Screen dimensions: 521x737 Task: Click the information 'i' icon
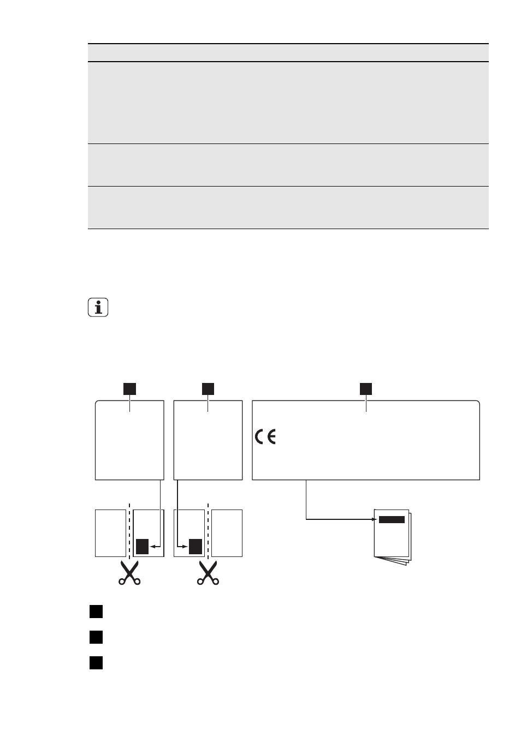click(98, 307)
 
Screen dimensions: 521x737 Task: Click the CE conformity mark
click(265, 437)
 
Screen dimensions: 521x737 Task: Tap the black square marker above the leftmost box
click(129, 388)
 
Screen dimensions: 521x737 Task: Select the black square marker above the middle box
click(208, 388)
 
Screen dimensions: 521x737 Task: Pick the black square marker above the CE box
click(365, 388)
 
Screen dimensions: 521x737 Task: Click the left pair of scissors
click(129, 573)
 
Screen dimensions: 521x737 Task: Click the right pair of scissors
click(208, 573)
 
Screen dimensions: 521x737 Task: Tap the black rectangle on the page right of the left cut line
click(143, 547)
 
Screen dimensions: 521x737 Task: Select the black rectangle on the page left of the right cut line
click(196, 547)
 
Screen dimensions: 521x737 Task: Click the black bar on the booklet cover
click(392, 519)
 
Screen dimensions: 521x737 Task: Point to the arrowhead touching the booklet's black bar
click(375, 519)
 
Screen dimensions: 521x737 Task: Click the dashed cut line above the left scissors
click(129, 531)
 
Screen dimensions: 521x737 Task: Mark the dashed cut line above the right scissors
click(208, 531)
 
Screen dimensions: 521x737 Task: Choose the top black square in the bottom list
click(96, 612)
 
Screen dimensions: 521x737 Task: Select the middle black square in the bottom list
click(96, 637)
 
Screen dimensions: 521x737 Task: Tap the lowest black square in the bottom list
click(96, 663)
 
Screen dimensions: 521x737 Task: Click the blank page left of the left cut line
click(111, 534)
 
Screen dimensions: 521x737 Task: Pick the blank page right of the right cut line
click(227, 534)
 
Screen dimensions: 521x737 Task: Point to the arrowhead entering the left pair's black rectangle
click(152, 547)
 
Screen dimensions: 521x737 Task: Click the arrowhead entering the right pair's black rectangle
click(186, 547)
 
